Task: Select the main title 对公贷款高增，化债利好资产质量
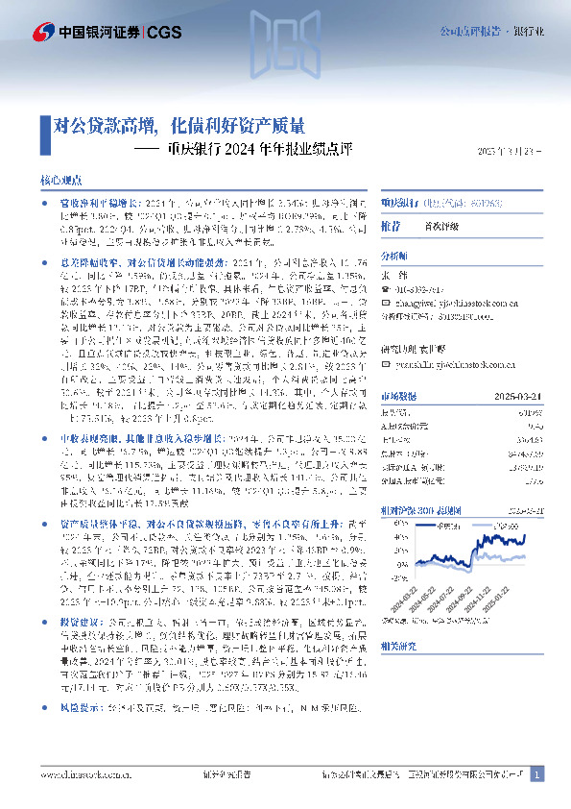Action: (179, 125)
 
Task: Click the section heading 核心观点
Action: (57, 180)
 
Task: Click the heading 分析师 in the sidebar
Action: (394, 257)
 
